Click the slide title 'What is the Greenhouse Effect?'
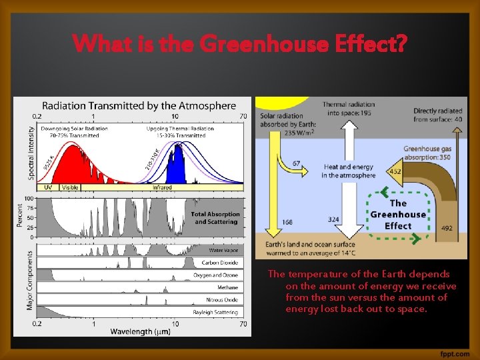239,45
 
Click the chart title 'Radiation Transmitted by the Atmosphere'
139,105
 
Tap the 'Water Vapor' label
223,251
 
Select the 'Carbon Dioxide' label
219,263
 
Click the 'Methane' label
227,287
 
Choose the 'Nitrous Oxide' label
222,299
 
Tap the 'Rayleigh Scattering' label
216,311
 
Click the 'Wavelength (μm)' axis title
139,331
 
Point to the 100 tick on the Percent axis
29,199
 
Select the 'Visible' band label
70,187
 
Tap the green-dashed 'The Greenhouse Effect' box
398,214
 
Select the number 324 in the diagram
335,219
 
